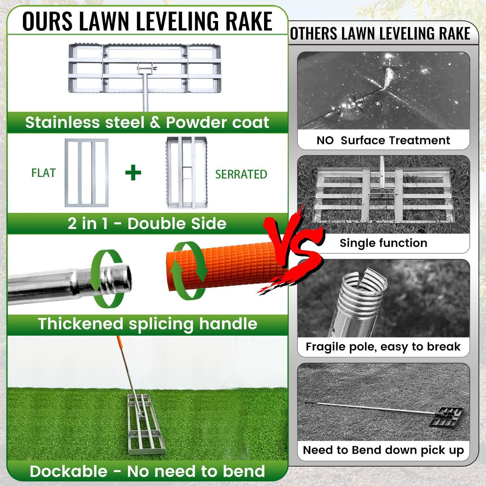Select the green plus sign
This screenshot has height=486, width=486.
[x=133, y=173]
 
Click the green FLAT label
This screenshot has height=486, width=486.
[x=43, y=173]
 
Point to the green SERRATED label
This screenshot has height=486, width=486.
[x=241, y=174]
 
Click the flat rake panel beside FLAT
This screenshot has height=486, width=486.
[x=87, y=173]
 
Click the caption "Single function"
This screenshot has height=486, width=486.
[x=383, y=243]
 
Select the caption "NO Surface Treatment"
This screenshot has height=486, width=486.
[x=383, y=140]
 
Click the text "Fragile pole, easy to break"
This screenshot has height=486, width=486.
[x=383, y=347]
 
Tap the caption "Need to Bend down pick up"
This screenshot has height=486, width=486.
[x=383, y=450]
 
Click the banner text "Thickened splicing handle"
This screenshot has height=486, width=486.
[x=147, y=324]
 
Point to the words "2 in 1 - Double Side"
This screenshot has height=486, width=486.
[x=147, y=224]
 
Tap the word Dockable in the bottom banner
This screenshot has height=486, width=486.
[x=68, y=471]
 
